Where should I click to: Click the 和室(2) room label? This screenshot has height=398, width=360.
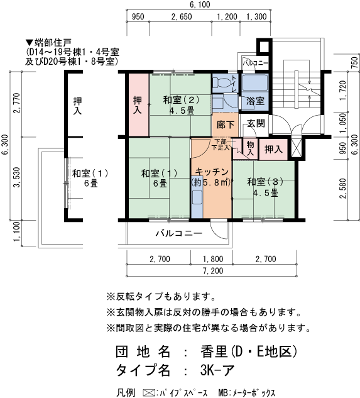[x=181, y=99]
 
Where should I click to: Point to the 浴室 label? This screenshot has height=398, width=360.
[x=254, y=101]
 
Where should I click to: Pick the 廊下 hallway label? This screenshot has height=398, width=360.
[x=225, y=124]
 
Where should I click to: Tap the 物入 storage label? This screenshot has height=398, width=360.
[x=249, y=148]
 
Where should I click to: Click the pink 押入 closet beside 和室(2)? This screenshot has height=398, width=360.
[x=137, y=105]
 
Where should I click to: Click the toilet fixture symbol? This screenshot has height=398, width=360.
[x=222, y=84]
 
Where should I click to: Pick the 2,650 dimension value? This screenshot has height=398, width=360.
[x=181, y=17]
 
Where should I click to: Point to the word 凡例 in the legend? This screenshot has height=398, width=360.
[x=126, y=392]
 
